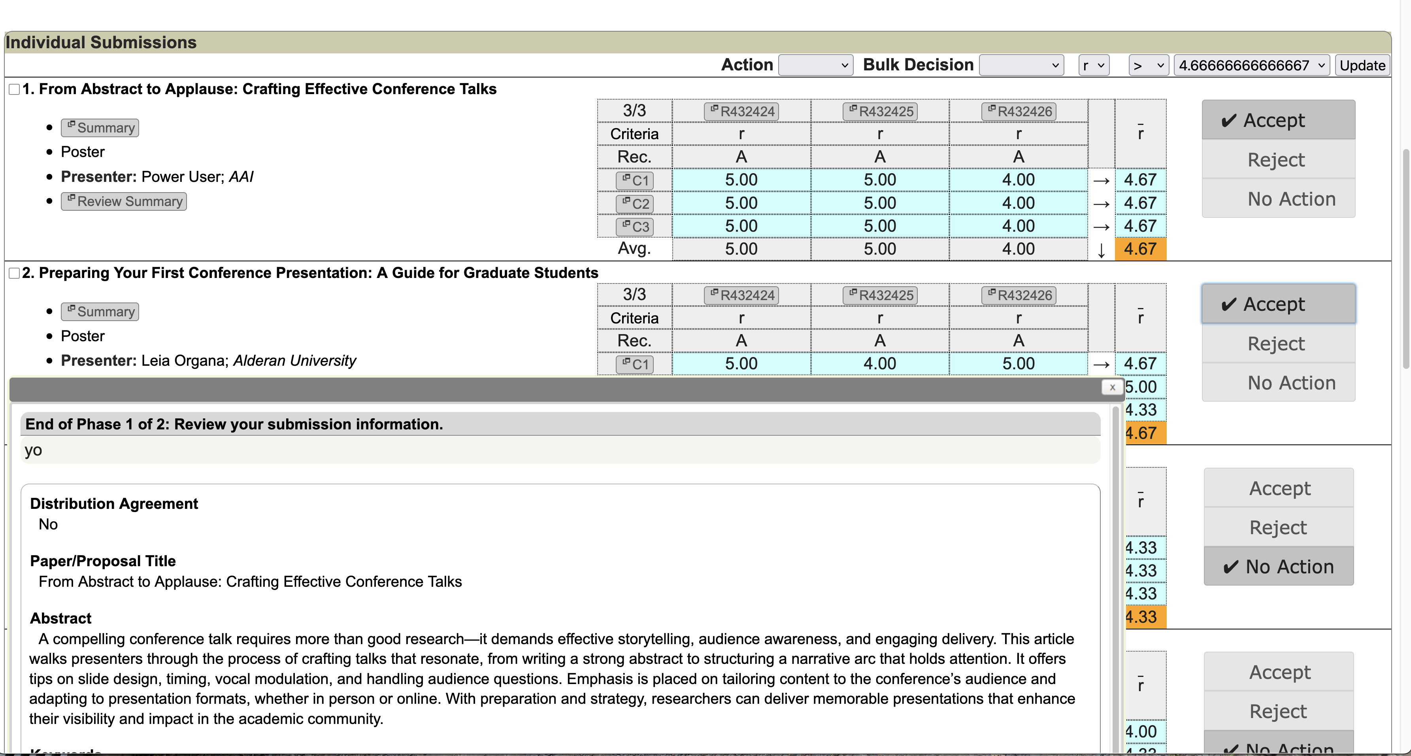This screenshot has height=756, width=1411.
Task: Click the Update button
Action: [1362, 65]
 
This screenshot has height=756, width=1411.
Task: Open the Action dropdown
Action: [815, 65]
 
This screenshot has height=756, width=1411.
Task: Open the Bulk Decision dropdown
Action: [1021, 65]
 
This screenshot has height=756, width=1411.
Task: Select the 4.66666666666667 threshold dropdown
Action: [1251, 65]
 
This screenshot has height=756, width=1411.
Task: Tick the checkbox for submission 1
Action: [15, 89]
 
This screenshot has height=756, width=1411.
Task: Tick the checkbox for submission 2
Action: [15, 273]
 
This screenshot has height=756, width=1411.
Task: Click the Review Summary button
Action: [124, 202]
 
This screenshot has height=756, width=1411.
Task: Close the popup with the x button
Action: [1112, 387]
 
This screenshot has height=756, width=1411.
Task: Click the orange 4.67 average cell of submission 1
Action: [1140, 249]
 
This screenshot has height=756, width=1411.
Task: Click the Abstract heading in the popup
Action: [61, 618]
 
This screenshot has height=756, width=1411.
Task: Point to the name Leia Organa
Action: [184, 361]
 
